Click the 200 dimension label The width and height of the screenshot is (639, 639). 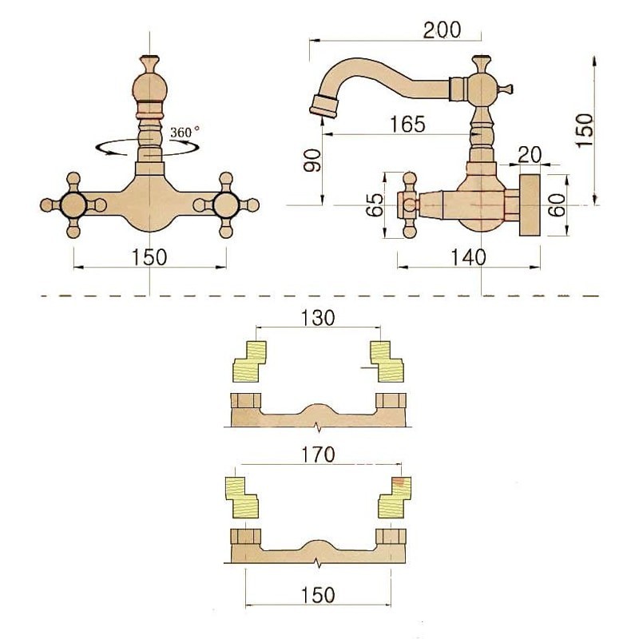point(442,30)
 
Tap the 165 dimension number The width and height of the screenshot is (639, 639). point(407,124)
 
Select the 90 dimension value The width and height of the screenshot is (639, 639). point(313,161)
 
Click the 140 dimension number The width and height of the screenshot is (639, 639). point(469,257)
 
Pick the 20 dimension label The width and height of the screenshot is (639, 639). point(530,154)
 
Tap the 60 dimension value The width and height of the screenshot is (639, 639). point(558,205)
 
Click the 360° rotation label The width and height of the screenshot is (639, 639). point(185,132)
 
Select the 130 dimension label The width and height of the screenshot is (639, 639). point(318,318)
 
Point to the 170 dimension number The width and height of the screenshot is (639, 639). point(318,454)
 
